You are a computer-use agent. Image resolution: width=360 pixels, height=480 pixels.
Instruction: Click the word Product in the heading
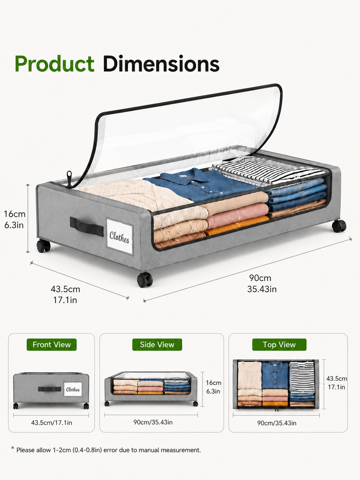pos(54,64)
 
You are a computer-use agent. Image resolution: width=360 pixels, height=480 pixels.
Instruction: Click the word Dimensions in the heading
pos(161,64)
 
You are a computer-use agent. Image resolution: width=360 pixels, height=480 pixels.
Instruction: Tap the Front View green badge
pos(52,345)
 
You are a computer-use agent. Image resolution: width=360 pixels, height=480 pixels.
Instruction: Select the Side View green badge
pos(157,345)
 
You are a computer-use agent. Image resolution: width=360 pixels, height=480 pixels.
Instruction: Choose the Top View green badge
pos(279,345)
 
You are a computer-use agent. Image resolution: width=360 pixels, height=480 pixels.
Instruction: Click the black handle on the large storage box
pos(86,226)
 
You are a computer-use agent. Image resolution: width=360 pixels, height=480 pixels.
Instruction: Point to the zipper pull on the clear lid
pos(69,179)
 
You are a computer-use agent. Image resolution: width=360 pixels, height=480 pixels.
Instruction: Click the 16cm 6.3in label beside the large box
pos(14,219)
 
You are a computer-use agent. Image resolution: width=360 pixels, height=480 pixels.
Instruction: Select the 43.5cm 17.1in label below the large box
pos(65,294)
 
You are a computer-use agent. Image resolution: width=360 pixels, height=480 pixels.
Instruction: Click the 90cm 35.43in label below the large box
pos(262,283)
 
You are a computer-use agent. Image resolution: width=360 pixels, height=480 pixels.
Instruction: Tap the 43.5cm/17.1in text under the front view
pos(52,422)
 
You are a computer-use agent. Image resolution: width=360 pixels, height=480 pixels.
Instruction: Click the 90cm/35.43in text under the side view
pos(153,422)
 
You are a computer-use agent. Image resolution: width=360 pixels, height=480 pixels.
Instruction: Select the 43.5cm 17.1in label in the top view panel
pos(336,383)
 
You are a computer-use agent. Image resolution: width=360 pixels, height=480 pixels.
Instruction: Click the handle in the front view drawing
pos(50,389)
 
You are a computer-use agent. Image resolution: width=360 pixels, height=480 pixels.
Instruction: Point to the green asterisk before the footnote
pos(13,448)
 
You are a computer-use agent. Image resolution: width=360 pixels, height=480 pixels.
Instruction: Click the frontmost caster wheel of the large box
pos(145,280)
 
